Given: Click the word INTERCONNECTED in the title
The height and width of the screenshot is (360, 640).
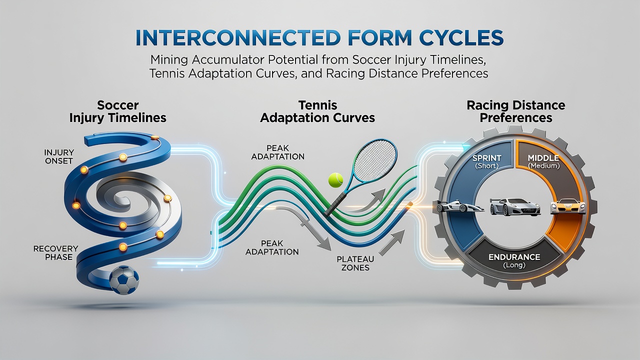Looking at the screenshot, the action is coord(237,37).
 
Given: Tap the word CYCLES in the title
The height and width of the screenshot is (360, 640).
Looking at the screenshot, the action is coord(456,37).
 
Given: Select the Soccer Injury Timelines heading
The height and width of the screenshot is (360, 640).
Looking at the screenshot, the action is coord(117,111).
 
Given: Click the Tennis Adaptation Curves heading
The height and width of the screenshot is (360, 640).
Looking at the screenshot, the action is coord(317,111).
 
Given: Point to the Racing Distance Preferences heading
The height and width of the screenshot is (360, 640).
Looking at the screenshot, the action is coord(516,111).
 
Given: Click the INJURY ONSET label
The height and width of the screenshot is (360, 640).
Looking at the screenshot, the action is coord(59,156).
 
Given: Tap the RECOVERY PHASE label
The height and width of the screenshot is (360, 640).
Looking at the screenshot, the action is coord(55,253).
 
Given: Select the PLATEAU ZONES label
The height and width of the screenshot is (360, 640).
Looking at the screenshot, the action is coord(355,263).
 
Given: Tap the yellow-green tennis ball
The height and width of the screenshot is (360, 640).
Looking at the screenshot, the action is coord(335,180).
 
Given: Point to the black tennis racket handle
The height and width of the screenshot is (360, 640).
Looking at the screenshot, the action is coord(334,204).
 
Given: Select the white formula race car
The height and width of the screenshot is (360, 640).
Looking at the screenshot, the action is coord(460,207).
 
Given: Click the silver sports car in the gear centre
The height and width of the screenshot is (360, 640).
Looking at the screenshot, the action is coord(515,206).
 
